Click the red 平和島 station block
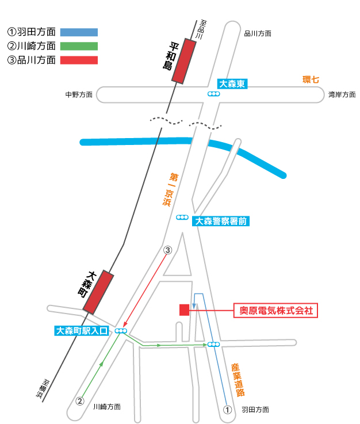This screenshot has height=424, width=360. tap(184, 61)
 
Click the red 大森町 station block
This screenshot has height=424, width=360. tap(98, 292)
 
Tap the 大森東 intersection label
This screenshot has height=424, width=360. tap(232, 84)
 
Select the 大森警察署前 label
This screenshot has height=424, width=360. tap(220, 221)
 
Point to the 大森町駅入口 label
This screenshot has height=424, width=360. tap(82, 331)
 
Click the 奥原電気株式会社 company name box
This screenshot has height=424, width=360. tap(275, 311)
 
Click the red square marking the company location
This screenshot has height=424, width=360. tap(185, 310)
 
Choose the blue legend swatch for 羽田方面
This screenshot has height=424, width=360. tap(79, 32)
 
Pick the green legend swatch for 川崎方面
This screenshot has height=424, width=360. tap(79, 46)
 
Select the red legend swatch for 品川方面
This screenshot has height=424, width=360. tap(79, 60)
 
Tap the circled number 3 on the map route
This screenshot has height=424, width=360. tap(167, 250)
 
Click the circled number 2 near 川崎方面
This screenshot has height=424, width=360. tap(80, 401)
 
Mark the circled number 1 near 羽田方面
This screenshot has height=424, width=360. tap(227, 410)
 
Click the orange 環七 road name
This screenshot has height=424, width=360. tap(311, 80)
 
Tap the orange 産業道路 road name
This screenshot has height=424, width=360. tap(238, 380)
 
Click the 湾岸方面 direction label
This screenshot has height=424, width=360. tap(342, 95)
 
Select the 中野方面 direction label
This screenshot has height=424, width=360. tap(79, 95)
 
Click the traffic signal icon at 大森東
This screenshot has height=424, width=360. tap(213, 94)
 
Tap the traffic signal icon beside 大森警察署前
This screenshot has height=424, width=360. tap(182, 217)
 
